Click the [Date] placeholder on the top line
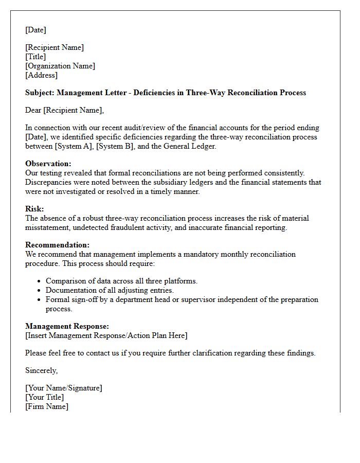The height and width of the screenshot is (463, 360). point(35,30)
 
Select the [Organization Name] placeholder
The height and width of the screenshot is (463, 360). point(60,66)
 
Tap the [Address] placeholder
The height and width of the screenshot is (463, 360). point(42,75)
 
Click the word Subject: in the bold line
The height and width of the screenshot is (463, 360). point(40,93)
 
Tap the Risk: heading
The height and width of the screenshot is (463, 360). point(34,209)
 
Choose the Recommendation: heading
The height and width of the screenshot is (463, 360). point(57,245)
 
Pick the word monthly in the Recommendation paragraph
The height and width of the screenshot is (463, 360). point(228,254)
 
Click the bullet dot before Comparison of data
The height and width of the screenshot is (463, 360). point(40,281)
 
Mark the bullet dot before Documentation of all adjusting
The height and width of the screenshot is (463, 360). point(40,291)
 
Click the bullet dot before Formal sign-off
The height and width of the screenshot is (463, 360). point(40,300)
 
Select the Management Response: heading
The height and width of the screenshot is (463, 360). point(67,326)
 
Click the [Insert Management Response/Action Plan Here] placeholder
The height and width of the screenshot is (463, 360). point(106,335)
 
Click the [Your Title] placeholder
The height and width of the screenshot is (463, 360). point(45,397)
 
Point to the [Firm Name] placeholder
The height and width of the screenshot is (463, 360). point(47,406)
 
